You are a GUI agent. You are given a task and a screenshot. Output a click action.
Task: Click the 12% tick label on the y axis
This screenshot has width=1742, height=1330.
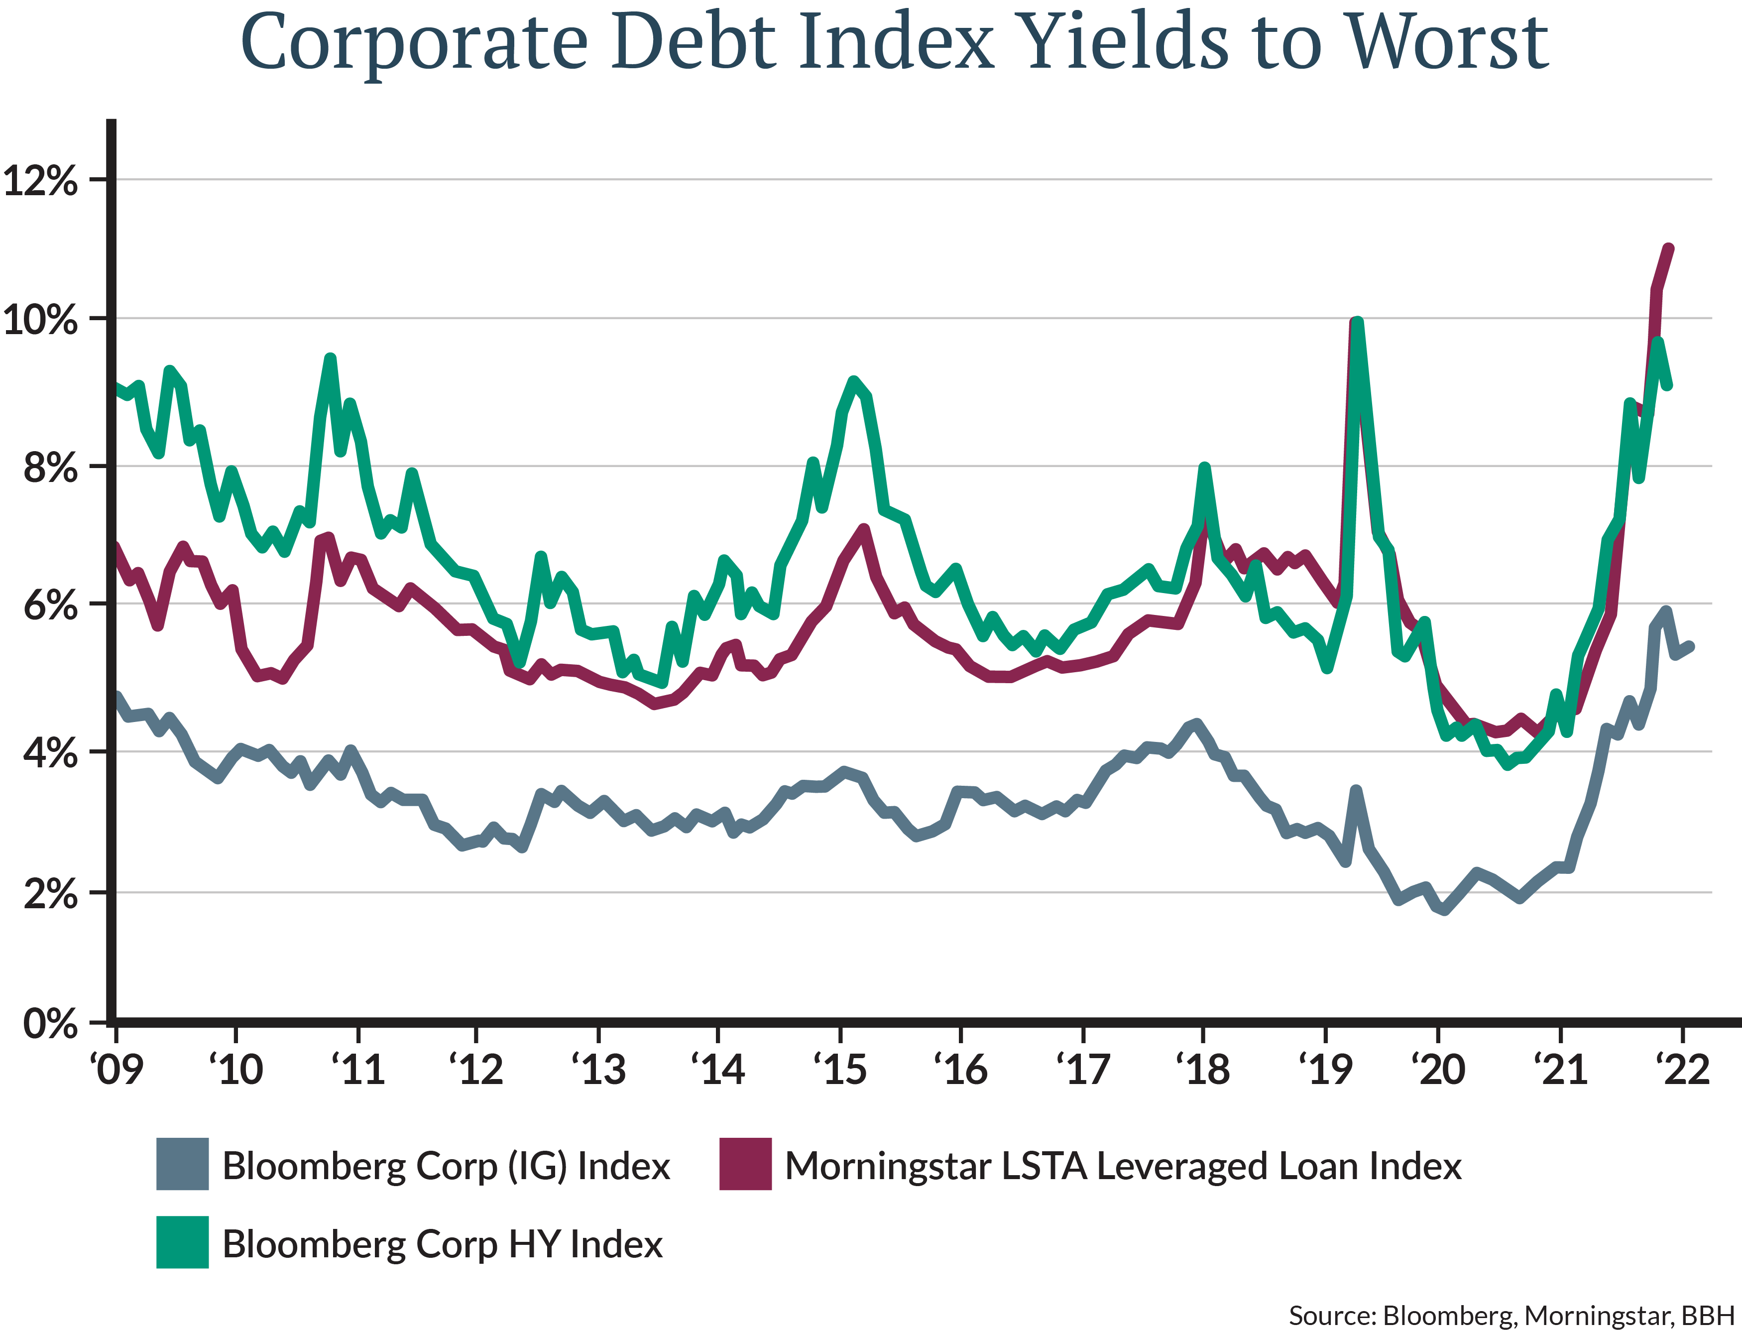tap(41, 181)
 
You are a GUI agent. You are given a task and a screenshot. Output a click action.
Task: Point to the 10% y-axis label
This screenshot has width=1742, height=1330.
tap(41, 321)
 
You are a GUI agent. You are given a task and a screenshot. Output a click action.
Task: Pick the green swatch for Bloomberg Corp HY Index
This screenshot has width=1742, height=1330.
tap(182, 1243)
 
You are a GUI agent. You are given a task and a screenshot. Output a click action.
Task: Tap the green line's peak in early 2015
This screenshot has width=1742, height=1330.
tap(852, 381)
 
